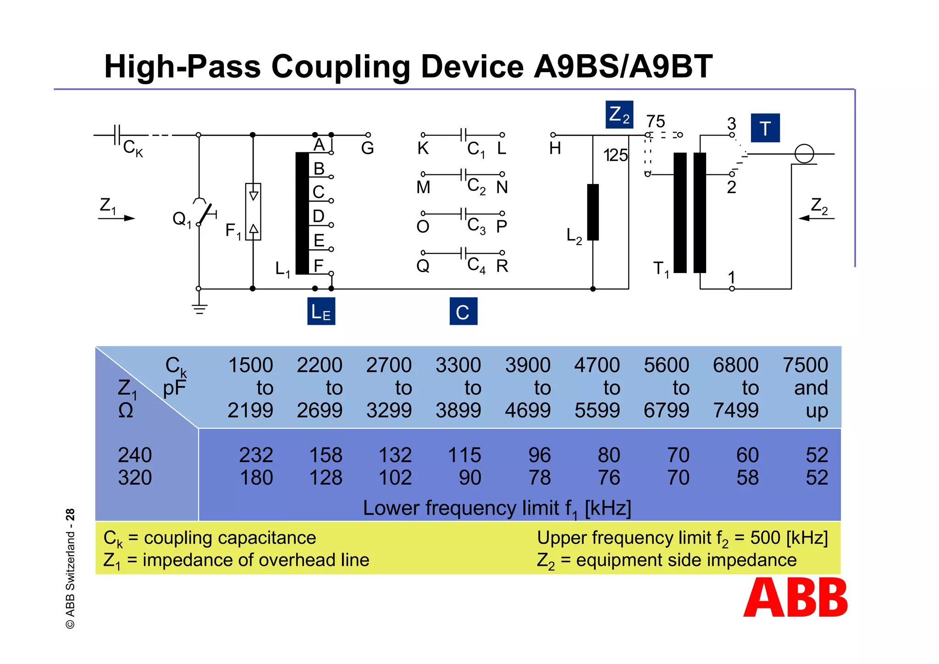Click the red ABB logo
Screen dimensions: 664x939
pos(795,597)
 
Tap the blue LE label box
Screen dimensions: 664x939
pos(321,311)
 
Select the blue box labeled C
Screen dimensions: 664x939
pos(463,311)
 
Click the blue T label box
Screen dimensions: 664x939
pos(765,128)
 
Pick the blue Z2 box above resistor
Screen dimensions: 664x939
pos(619,114)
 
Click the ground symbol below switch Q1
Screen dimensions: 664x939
pos(199,308)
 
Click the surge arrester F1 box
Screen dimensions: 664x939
pos(253,212)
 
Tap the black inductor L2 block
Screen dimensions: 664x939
pos(593,212)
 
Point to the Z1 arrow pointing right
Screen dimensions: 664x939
pos(117,218)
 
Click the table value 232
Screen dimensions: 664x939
pos(256,455)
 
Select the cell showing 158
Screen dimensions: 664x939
pos(326,455)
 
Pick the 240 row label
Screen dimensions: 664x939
pos(135,455)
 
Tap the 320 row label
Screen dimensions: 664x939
pos(135,478)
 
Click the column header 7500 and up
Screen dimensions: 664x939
pos(806,388)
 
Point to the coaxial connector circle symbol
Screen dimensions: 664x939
pos(804,154)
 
